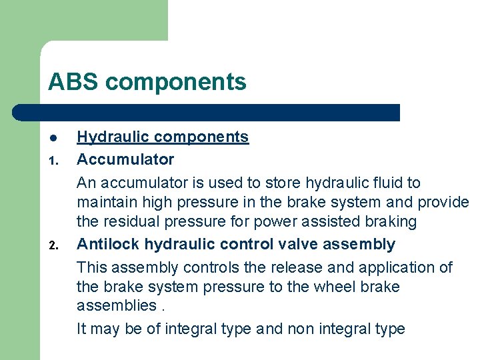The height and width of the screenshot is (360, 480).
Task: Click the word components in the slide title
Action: coord(175,82)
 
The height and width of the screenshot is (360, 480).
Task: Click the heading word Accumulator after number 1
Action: coord(125,159)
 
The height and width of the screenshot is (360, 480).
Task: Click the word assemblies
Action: coord(114,306)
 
